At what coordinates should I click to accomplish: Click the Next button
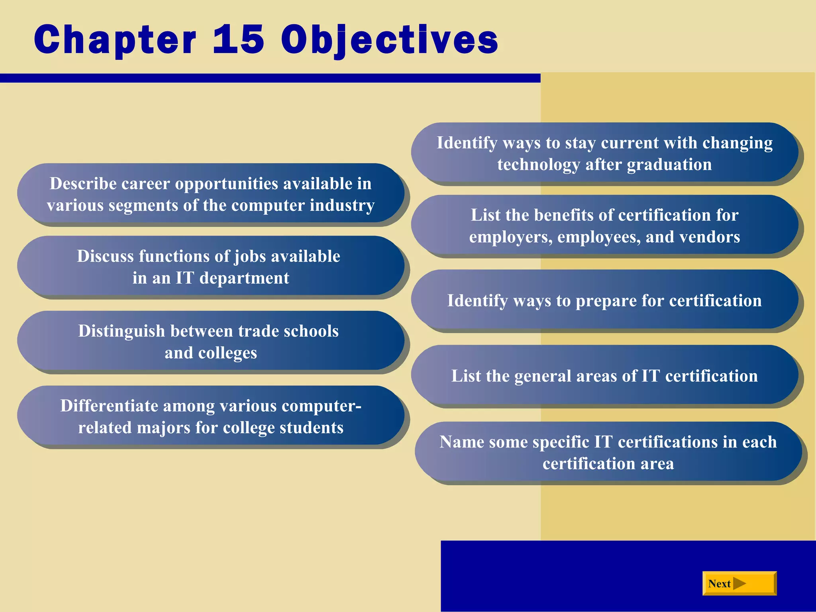click(x=739, y=584)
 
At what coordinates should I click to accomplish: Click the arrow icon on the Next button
click(x=739, y=584)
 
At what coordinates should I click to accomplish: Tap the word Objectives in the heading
click(x=389, y=40)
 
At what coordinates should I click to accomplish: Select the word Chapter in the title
click(x=115, y=40)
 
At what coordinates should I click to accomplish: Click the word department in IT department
click(x=244, y=278)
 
